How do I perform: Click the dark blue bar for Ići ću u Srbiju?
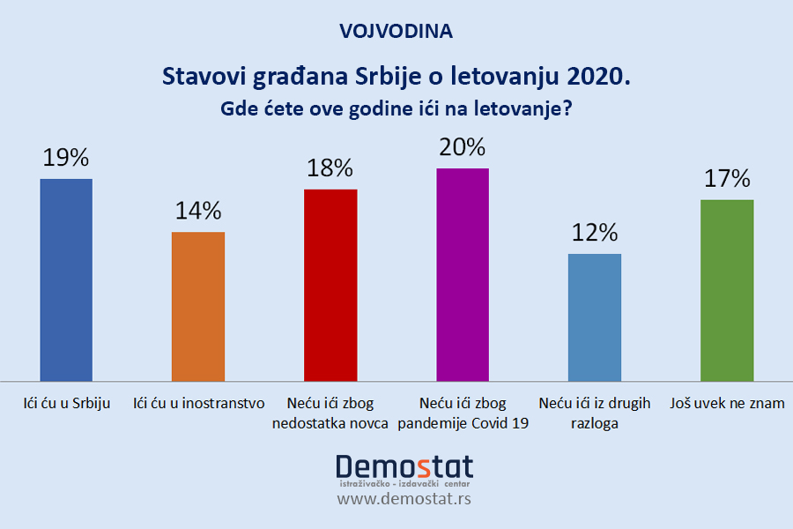(66, 279)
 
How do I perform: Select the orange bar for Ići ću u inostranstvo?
(198, 305)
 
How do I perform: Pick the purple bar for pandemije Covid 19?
(463, 273)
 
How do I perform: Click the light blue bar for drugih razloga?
(595, 316)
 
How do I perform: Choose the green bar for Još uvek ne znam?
(727, 289)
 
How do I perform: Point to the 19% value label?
(66, 158)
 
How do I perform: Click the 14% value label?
(198, 211)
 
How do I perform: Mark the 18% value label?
(330, 168)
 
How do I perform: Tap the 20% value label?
(463, 146)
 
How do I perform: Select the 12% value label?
(595, 233)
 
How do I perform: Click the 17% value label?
(727, 179)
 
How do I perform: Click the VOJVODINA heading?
(396, 31)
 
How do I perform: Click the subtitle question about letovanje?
(396, 111)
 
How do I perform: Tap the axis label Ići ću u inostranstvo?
(198, 404)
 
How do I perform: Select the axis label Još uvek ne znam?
(727, 404)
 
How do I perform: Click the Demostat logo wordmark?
(404, 466)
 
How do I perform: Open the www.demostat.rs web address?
(404, 499)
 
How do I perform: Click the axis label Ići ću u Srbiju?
(66, 404)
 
